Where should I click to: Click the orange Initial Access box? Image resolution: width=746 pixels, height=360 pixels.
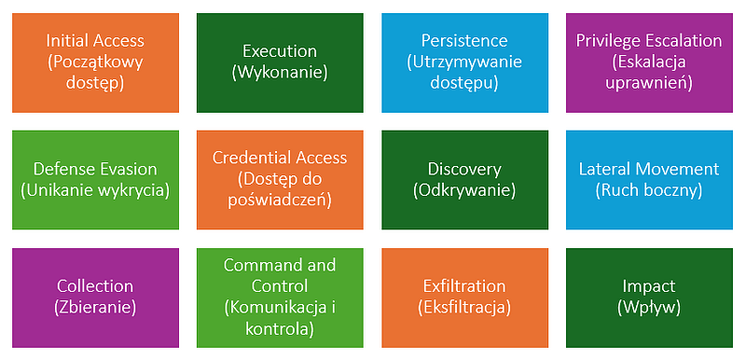coord(95,62)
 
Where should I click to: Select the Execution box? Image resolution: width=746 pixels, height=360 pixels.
coord(280,62)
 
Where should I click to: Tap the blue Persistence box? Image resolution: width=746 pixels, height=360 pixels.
coord(464,62)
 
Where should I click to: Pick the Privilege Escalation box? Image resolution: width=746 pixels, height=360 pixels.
coord(649,62)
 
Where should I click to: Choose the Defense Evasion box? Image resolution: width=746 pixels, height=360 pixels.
coord(95,180)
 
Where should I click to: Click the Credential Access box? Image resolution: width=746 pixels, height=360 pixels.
coord(280,180)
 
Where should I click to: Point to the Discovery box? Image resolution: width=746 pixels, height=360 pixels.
coord(464,180)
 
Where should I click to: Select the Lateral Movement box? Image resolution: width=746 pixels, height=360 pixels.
coord(649,180)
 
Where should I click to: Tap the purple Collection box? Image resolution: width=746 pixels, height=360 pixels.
coord(95,298)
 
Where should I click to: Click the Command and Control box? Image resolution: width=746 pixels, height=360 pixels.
coord(280,298)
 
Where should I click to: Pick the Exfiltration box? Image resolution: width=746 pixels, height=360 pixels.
coord(464,298)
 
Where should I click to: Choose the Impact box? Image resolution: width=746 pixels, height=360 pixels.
coord(649,298)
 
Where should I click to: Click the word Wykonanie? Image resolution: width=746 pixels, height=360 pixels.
coord(280,74)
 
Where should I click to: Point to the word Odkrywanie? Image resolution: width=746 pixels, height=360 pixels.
coord(464,190)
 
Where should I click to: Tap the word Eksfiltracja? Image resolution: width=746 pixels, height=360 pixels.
coord(464,308)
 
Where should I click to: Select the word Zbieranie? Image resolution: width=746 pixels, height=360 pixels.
coord(95,308)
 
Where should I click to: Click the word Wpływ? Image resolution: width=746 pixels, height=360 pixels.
coord(649,308)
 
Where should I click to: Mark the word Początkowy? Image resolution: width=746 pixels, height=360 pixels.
coord(95,63)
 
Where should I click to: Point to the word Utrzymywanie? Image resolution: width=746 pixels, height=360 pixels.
coord(464,62)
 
